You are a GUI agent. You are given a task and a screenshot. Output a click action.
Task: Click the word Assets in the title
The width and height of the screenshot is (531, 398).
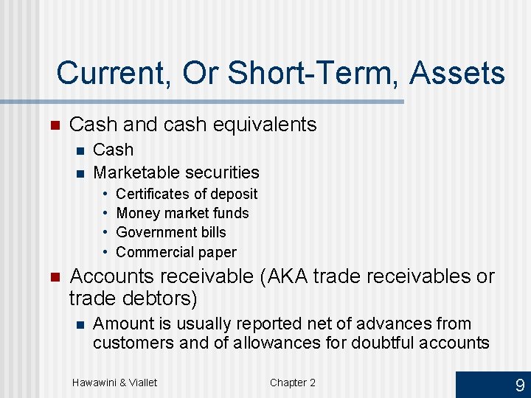457,74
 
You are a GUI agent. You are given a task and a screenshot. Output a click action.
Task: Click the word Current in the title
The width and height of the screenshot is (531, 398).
107,74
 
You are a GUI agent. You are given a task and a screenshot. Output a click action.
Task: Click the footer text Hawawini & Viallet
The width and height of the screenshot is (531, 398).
114,382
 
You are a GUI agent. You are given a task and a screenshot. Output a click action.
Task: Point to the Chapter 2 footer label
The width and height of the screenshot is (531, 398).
292,382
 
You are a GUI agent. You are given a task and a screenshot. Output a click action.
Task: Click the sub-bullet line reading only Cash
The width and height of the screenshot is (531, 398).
114,150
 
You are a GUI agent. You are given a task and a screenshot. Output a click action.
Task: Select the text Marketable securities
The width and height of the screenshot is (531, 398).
176,172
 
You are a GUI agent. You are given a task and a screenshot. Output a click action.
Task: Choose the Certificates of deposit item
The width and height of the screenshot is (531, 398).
187,194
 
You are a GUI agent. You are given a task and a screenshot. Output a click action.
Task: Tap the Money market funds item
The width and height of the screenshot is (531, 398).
182,213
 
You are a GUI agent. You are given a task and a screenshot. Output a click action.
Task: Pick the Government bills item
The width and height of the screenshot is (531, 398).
171,232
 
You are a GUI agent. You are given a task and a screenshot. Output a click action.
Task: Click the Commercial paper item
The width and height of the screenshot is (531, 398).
176,252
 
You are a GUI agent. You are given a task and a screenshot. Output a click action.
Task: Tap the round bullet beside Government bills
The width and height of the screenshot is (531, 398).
106,232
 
